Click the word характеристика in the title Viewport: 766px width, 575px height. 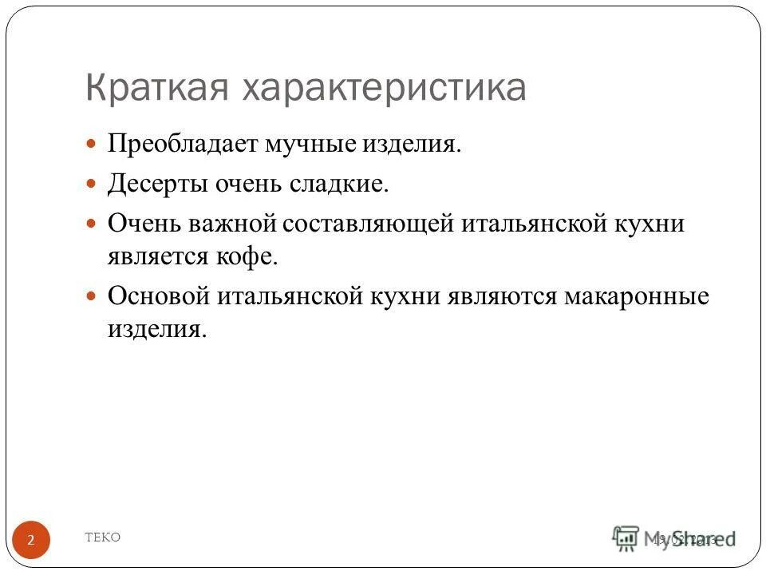click(x=381, y=88)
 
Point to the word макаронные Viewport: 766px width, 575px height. click(x=637, y=296)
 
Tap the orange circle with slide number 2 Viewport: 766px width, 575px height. click(x=31, y=541)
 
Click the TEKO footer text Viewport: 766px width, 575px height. click(x=103, y=537)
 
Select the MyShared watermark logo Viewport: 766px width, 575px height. click(x=674, y=539)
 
